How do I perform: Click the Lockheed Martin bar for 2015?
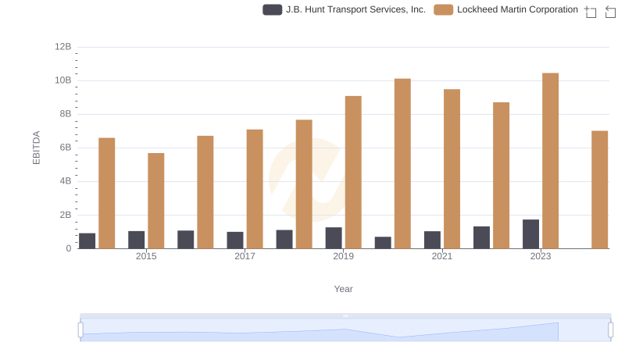point(156,201)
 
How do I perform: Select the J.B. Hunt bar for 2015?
point(136,240)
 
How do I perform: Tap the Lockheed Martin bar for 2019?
point(353,172)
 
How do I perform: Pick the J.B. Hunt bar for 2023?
point(530,234)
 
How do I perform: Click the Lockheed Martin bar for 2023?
point(551,161)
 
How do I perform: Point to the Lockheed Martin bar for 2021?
point(452,169)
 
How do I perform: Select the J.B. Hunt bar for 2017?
point(235,240)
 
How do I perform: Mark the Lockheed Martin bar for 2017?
point(255,189)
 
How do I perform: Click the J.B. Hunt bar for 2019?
point(334,238)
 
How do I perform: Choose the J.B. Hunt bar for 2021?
point(432,240)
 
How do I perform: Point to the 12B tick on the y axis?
point(63,47)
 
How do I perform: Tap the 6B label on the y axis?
point(64,148)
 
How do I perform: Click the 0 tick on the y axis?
point(69,248)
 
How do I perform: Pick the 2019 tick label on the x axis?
point(343,256)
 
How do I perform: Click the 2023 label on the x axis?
point(541,256)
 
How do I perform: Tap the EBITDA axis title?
point(36,148)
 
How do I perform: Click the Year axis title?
point(344,289)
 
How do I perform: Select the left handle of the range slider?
point(80,330)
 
